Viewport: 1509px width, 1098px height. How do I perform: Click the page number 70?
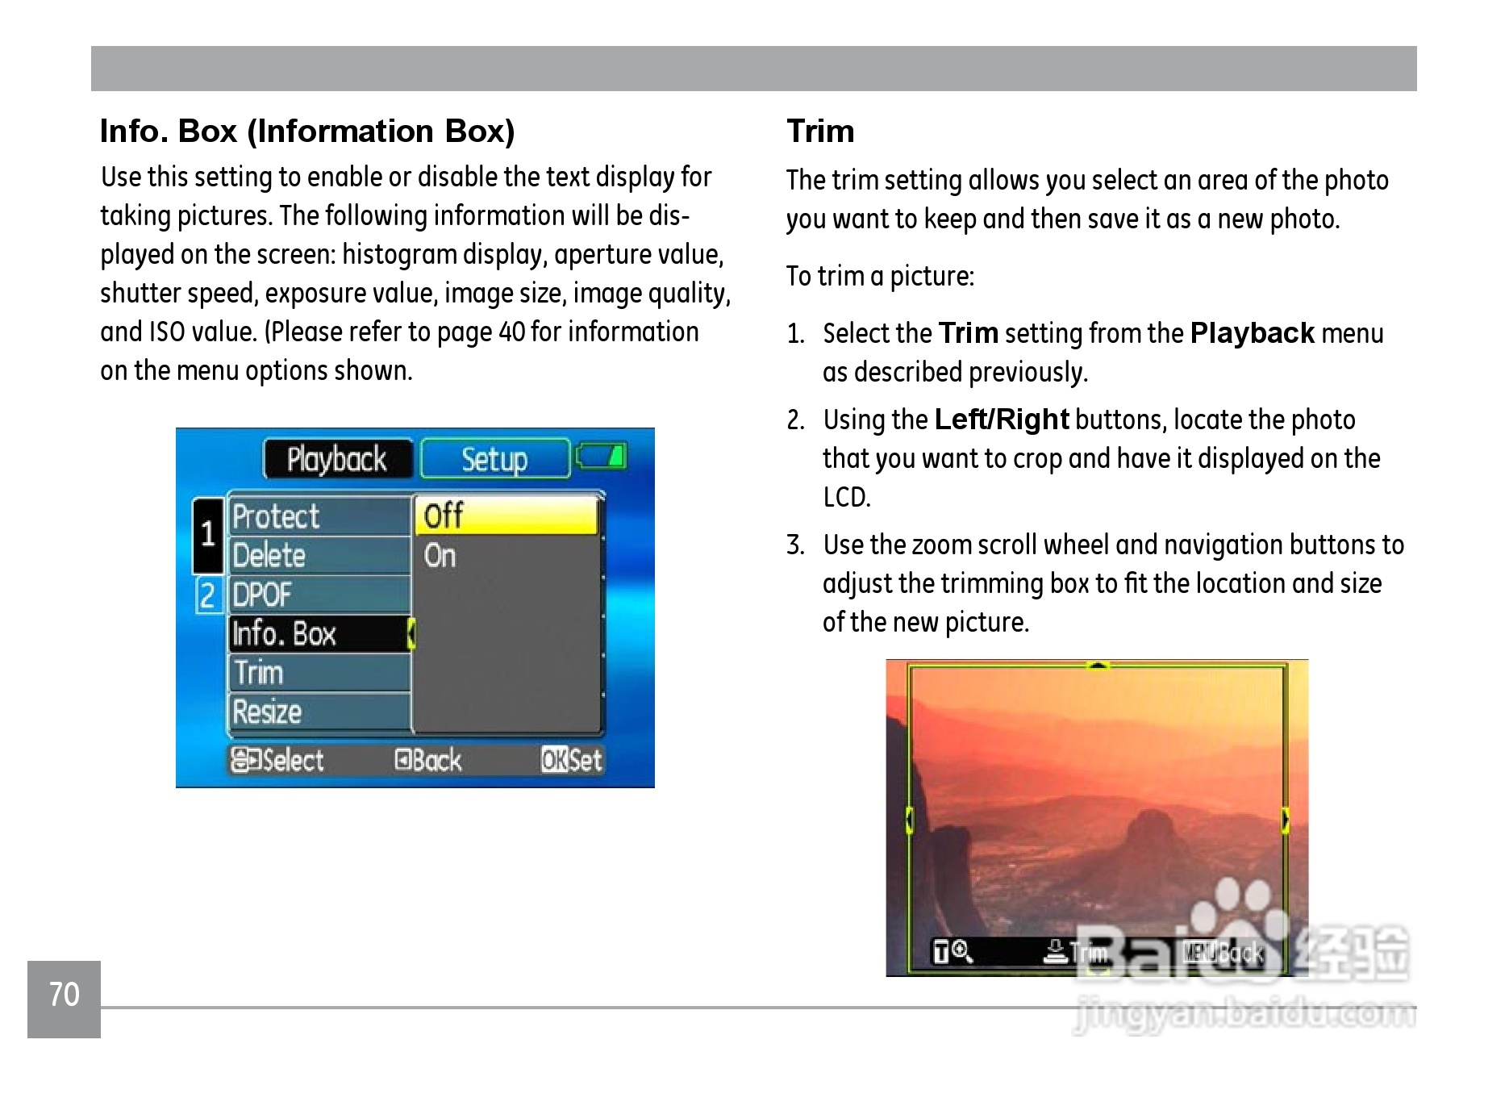[65, 995]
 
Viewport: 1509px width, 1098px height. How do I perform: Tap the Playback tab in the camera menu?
[338, 459]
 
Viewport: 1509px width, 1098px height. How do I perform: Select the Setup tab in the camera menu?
[494, 459]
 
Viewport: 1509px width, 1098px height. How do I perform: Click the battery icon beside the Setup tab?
[602, 456]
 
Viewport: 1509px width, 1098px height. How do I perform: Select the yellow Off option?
[507, 516]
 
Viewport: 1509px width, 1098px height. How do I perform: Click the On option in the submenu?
[440, 556]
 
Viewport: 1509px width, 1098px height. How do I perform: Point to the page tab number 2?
[207, 595]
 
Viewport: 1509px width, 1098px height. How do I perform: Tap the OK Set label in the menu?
[572, 760]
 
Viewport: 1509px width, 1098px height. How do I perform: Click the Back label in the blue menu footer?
[428, 760]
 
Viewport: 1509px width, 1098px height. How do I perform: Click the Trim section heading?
[820, 131]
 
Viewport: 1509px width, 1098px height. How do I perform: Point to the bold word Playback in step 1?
[1253, 333]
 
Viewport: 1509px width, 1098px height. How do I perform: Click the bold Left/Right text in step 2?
[1002, 420]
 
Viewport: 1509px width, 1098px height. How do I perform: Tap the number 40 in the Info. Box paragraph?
[512, 332]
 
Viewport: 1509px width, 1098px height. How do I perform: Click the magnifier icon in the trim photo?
[962, 952]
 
